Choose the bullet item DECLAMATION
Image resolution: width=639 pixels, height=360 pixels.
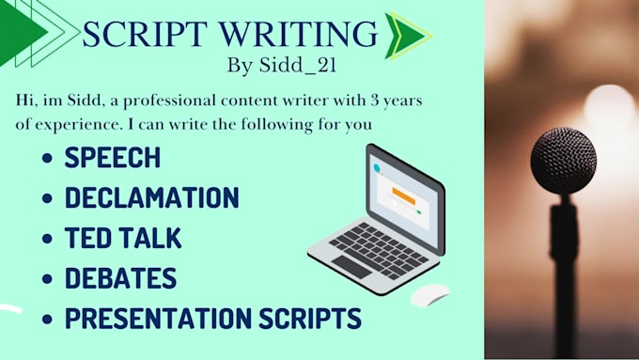[x=151, y=197]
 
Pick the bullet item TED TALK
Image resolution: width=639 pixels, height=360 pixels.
[x=123, y=238]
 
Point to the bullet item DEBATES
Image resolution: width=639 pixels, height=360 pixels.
[x=120, y=278]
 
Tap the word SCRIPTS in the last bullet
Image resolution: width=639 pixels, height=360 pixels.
[x=316, y=319]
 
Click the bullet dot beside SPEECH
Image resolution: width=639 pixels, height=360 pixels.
[x=47, y=158]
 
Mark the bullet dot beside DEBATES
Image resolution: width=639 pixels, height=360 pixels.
[x=47, y=279]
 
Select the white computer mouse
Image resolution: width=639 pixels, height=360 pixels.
[x=430, y=294]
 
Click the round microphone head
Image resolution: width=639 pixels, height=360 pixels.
[x=563, y=161]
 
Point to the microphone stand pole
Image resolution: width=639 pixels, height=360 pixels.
[x=565, y=273]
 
